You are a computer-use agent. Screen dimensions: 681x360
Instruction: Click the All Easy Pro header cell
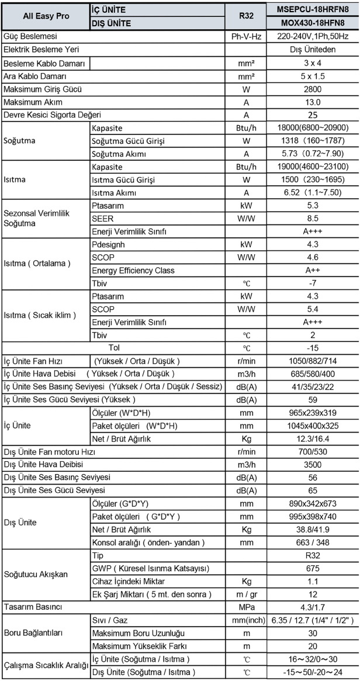(x=46, y=16)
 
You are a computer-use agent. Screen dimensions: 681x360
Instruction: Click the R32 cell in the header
(x=246, y=16)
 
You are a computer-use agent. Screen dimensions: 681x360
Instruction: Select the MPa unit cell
(x=246, y=606)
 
